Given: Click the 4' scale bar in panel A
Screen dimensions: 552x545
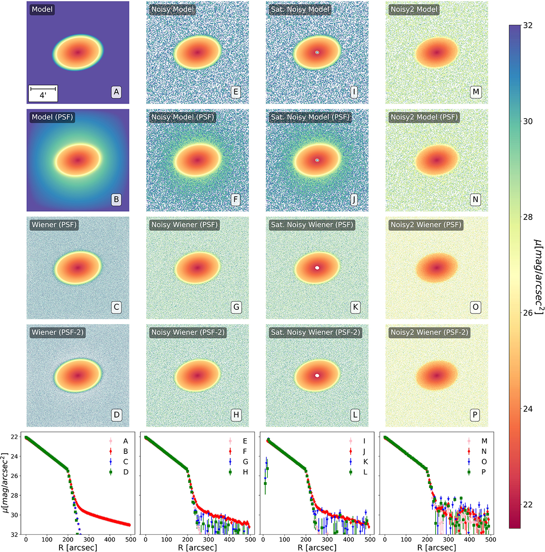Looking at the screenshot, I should click(x=43, y=93).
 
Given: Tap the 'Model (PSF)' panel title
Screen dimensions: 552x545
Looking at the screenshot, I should click(x=52, y=117).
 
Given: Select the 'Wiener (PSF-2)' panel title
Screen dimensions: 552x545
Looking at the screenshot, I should click(x=58, y=332).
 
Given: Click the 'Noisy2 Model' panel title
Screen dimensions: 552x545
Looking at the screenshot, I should click(x=414, y=10).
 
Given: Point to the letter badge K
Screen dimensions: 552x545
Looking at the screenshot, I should click(x=355, y=307).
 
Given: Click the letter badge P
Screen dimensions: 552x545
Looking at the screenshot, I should click(x=475, y=415).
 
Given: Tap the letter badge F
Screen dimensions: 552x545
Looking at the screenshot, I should click(x=236, y=199).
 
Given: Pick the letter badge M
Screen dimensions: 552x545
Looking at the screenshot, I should click(x=475, y=92).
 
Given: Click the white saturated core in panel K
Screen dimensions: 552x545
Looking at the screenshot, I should click(x=317, y=268).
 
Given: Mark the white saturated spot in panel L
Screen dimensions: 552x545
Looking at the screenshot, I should click(x=317, y=375).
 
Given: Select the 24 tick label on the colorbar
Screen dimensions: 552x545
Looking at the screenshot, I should click(x=527, y=409).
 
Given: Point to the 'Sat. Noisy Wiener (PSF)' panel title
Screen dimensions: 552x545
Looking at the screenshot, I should click(x=312, y=225).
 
